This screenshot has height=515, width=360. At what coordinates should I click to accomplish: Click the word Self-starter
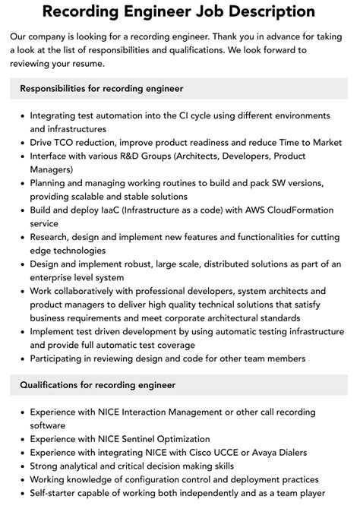55,494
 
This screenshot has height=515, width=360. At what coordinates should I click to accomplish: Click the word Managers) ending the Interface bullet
52,169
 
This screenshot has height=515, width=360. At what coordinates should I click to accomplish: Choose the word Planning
50,183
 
